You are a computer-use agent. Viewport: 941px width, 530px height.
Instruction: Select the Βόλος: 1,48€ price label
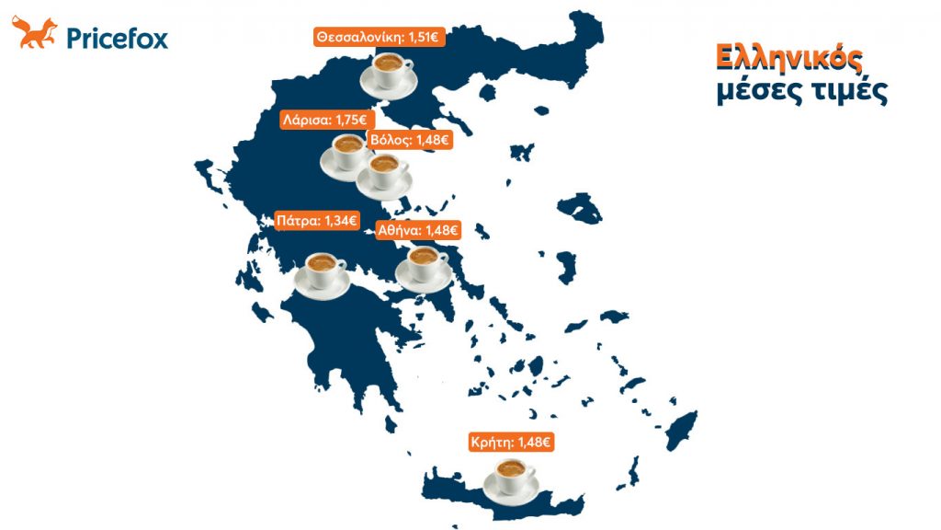[x=409, y=140]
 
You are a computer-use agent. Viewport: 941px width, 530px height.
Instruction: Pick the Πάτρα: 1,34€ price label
[x=316, y=221]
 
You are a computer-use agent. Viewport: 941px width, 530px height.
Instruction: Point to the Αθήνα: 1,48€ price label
[x=418, y=230]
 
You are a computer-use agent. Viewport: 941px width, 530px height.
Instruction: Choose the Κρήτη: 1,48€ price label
[x=511, y=443]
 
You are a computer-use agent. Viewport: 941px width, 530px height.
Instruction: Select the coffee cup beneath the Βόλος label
[x=383, y=174]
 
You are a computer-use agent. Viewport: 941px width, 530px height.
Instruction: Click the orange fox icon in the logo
[x=34, y=34]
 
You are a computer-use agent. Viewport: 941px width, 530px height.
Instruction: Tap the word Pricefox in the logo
[x=117, y=38]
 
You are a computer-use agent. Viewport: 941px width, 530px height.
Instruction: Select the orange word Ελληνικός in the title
[x=789, y=59]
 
